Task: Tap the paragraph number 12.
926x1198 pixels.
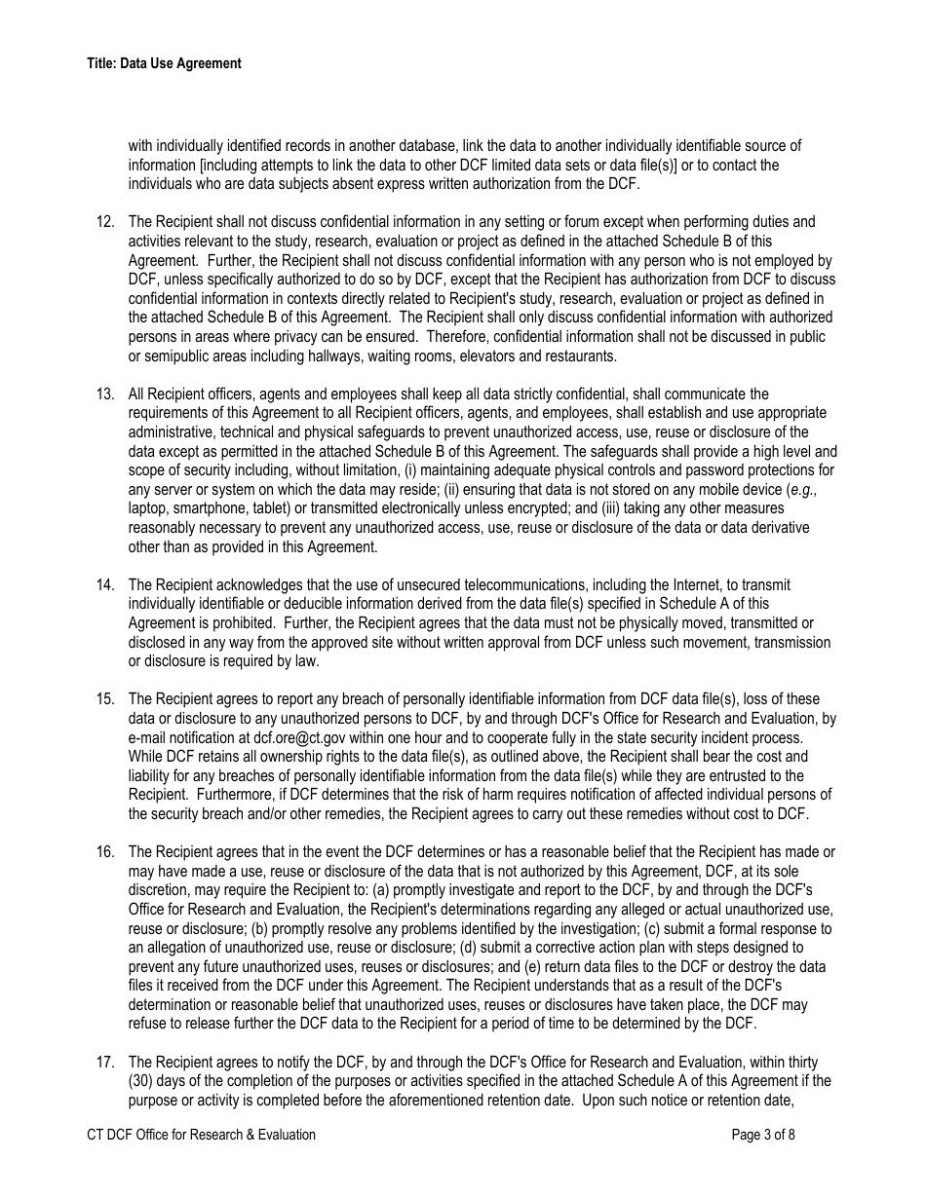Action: (105, 222)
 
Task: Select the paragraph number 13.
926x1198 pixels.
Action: (105, 393)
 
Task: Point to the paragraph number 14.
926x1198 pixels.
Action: (105, 584)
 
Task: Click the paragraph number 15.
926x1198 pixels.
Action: (105, 699)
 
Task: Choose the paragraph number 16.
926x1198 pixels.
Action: (105, 852)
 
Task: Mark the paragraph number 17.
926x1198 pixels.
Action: (105, 1062)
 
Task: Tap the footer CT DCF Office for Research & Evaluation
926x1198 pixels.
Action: (201, 1135)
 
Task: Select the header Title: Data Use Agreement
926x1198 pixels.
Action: (164, 63)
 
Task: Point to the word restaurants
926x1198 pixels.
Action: (582, 356)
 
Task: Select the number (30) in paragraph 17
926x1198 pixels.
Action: (142, 1081)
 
